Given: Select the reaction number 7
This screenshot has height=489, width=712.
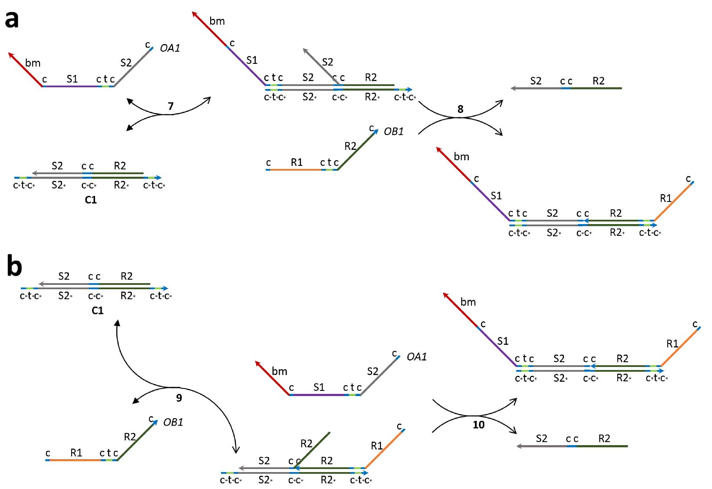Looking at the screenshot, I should click(171, 106).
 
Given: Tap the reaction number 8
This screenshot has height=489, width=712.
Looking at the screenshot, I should click(461, 109).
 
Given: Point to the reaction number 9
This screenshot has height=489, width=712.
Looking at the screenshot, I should click(179, 397).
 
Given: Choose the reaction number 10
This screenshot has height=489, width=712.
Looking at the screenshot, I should click(478, 425).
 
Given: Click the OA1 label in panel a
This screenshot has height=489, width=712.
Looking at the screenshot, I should click(170, 48).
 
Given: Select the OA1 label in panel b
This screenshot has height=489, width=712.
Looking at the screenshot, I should click(416, 357).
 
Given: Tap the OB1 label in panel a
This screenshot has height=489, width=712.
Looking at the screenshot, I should click(393, 131).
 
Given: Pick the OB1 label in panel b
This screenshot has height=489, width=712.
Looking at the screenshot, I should click(173, 422).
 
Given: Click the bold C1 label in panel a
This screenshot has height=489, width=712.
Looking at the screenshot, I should click(91, 200).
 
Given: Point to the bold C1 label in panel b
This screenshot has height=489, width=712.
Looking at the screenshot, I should click(97, 311).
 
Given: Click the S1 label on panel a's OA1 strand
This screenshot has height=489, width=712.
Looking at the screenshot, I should click(72, 79).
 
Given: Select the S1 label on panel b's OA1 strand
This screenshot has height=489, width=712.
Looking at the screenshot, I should click(319, 387).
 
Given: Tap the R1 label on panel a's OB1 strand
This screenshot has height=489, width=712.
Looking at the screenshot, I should click(297, 162).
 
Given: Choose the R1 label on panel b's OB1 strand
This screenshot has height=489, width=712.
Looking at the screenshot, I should click(76, 453).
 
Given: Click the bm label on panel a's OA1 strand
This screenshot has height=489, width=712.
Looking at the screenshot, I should click(33, 63).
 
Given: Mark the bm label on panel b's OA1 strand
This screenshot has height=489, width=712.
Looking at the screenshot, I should click(279, 371).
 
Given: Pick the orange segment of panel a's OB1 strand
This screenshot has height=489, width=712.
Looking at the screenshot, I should click(295, 169).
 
